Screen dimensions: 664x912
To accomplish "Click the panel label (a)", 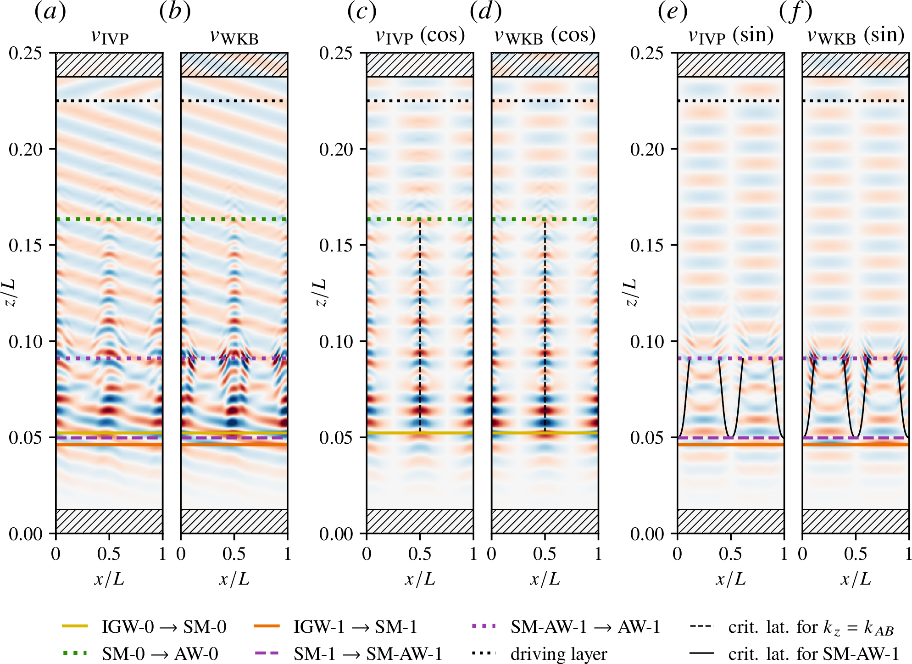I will point(50,11).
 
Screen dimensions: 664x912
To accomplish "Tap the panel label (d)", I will point(485,11).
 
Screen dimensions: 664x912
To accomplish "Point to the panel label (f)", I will point(795,11).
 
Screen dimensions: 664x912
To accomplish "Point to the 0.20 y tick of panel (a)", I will point(26,149).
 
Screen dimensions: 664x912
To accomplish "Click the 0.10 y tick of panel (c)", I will point(336,341).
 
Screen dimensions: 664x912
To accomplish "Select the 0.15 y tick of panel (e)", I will point(647,245).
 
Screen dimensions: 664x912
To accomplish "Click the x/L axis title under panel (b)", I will point(234,580).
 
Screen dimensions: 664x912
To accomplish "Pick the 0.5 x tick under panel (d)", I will point(545,554).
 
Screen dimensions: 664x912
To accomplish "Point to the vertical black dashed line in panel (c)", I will point(420,321).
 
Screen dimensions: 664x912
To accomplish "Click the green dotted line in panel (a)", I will point(109,219).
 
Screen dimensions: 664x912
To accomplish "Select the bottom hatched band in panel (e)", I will point(731,521).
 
